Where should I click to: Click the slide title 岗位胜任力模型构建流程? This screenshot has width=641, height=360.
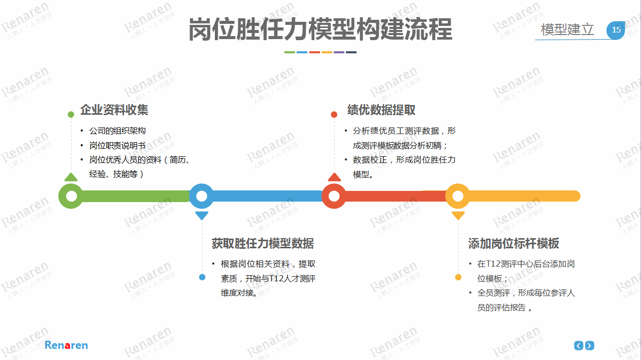320,29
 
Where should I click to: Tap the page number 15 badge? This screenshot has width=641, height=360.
616,30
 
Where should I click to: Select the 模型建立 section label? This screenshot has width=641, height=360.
567,29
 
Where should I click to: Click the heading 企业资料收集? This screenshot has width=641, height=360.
114,110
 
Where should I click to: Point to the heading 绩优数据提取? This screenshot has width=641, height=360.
381,110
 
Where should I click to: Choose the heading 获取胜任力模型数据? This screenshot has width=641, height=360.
263,243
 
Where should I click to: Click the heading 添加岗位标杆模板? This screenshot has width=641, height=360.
514,243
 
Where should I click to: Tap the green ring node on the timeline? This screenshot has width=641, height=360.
71,196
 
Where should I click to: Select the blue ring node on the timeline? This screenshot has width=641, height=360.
202,196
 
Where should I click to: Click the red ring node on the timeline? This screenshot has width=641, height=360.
334,196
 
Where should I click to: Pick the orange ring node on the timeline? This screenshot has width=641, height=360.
458,196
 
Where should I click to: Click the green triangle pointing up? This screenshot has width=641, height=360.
71,177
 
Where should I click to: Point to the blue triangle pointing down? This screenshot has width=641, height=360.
202,215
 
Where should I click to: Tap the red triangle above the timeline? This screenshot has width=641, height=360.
334,177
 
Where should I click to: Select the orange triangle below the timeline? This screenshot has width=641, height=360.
458,215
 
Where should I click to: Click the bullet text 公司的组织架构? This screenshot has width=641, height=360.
117,131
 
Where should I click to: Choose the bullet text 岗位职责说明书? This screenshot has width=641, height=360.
117,146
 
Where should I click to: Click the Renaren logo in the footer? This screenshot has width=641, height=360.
66,345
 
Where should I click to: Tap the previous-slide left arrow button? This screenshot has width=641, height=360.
579,346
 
